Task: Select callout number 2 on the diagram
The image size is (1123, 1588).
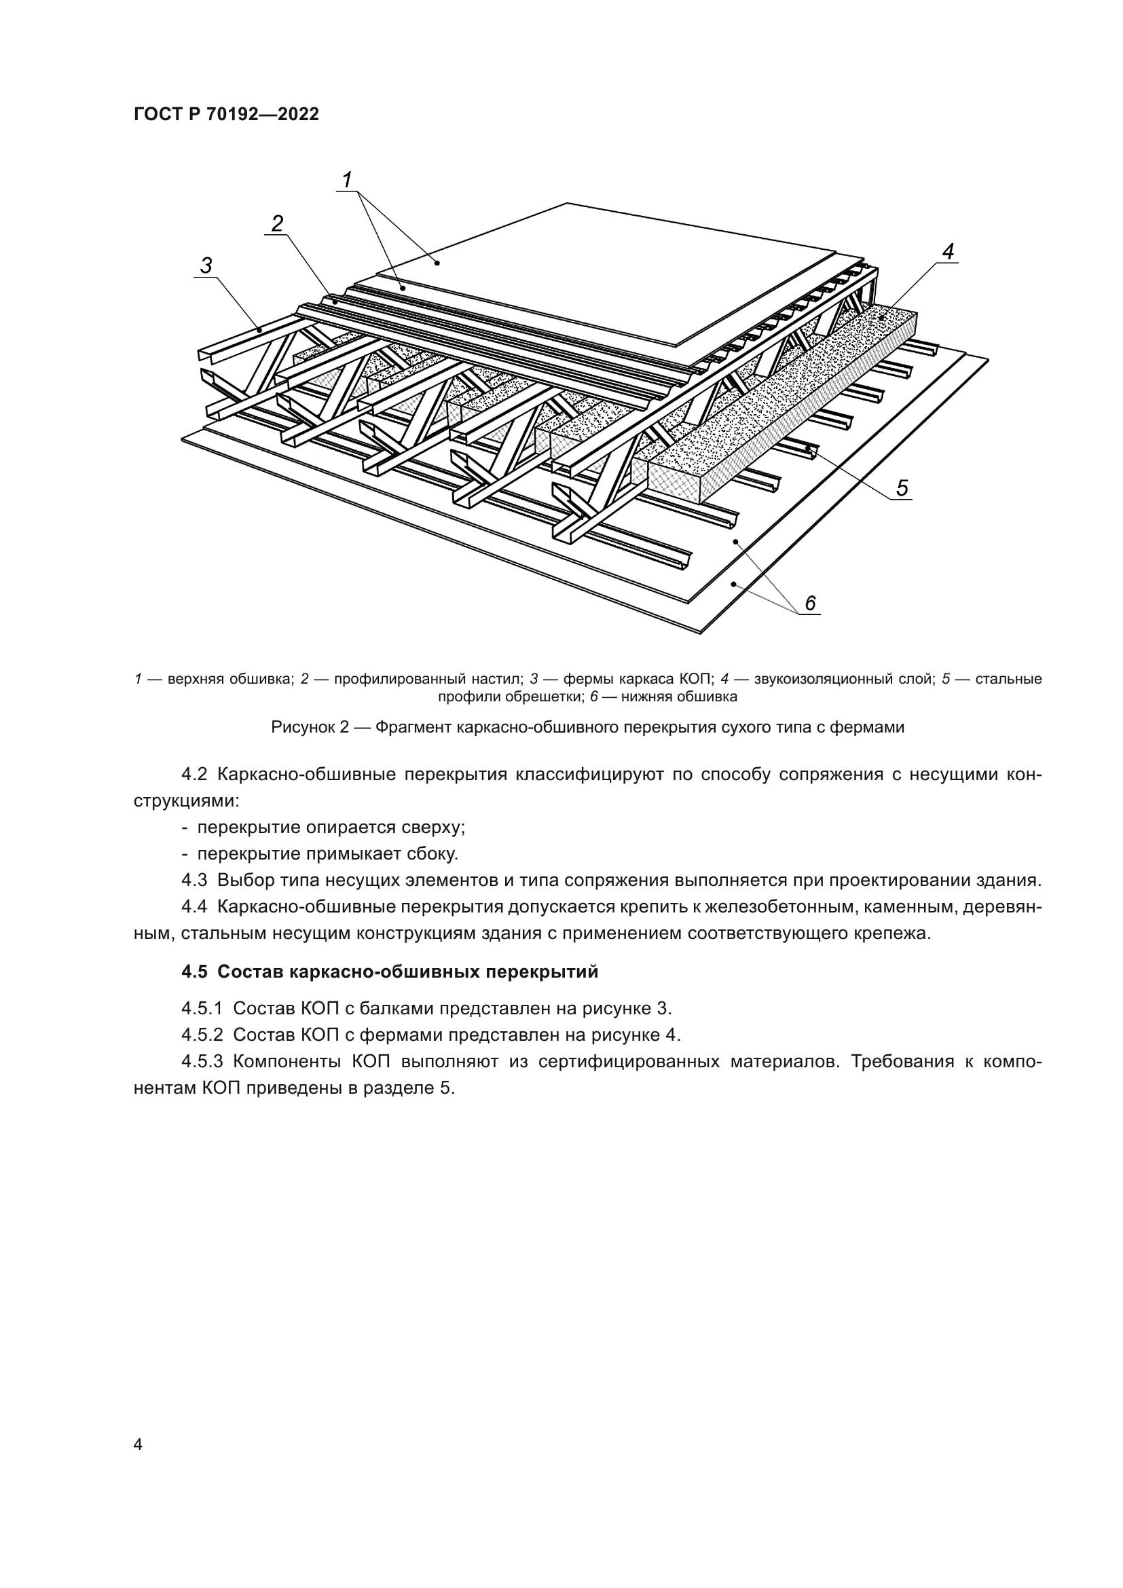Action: tap(277, 223)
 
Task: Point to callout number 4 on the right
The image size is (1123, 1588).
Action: tap(948, 253)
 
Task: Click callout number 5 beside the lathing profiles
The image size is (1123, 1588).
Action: tap(902, 489)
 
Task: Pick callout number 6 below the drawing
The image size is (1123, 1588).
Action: tap(811, 604)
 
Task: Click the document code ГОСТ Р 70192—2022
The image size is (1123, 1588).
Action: tap(226, 115)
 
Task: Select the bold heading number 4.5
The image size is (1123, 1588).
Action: tap(194, 972)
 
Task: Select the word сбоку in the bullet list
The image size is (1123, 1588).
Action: tap(432, 854)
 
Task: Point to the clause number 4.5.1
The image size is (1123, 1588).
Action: tap(202, 1009)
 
